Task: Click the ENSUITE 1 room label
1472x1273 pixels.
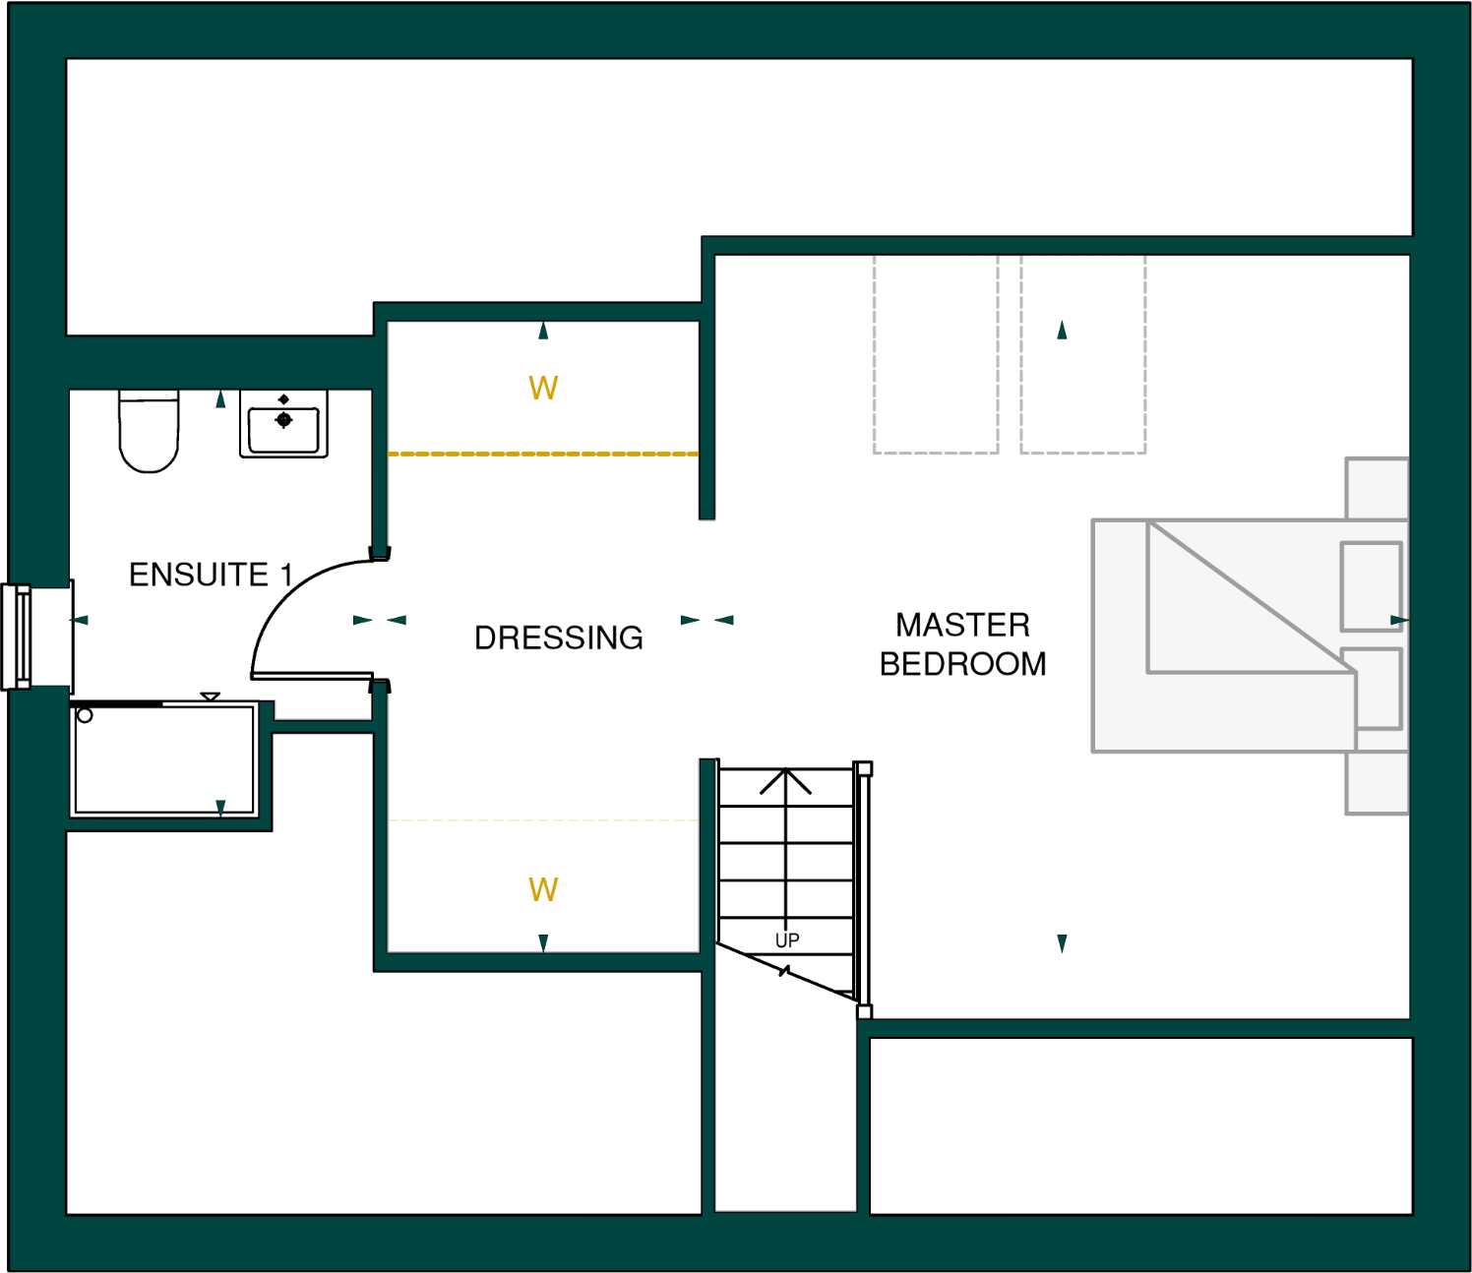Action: click(x=211, y=575)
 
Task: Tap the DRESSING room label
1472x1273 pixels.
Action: click(x=558, y=637)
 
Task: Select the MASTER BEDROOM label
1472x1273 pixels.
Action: click(x=962, y=644)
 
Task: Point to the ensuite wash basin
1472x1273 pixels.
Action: click(x=283, y=424)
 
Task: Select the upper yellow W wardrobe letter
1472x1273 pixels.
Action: click(x=543, y=389)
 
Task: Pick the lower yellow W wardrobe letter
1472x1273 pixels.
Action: click(x=543, y=890)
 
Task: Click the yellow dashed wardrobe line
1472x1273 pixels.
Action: click(x=543, y=454)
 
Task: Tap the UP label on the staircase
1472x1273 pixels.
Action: click(x=787, y=940)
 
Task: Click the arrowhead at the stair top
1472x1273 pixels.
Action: click(x=785, y=780)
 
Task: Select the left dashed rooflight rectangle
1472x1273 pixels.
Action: click(x=936, y=354)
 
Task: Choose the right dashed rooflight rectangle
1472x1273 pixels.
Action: click(x=1082, y=354)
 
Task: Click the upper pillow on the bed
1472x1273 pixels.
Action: click(x=1372, y=586)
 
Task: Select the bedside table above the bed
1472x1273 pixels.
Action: click(x=1377, y=488)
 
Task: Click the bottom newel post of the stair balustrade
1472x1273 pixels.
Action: click(x=864, y=1012)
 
